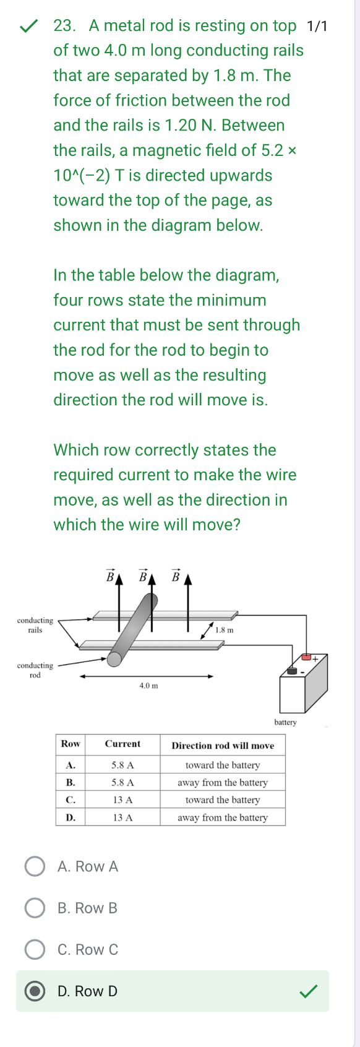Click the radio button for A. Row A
coord(35,866)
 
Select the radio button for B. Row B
coord(35,908)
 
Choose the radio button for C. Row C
coord(35,949)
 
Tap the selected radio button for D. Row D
coord(35,991)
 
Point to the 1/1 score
coord(317,26)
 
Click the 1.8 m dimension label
coord(224,630)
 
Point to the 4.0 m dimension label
coord(148,686)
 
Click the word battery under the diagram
coord(285,722)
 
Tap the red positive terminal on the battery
coord(306,657)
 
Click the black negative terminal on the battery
coord(291,670)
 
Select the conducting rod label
coord(35,670)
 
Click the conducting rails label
coord(35,625)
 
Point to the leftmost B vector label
coord(110,577)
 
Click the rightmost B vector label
coord(175,577)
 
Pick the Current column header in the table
coord(122,744)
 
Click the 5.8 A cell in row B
coord(122,782)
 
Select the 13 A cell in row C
coord(122,799)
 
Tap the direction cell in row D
coord(223,817)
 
